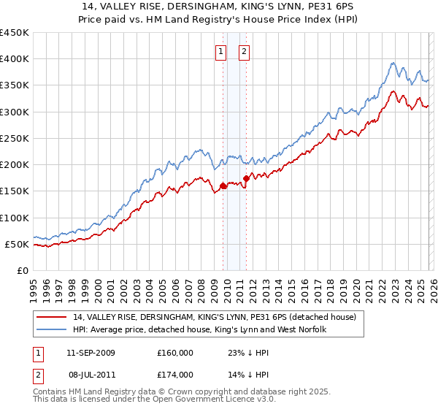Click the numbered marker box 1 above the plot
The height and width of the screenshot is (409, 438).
[x=221, y=51]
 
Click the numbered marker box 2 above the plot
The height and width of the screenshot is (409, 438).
[x=243, y=51]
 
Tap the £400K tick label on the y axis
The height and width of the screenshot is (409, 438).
[x=14, y=59]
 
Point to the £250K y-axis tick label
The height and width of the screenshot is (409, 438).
[x=14, y=138]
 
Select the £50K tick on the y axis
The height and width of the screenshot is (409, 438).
[x=17, y=244]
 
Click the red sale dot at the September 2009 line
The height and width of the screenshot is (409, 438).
[x=223, y=186]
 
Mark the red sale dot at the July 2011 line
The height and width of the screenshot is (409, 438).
[x=247, y=177]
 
